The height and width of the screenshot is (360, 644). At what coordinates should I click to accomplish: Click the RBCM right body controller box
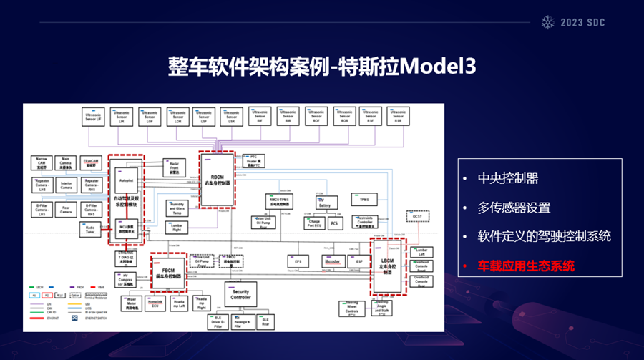[x=217, y=178]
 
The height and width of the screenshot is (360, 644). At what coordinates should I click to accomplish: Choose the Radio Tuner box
[x=89, y=230]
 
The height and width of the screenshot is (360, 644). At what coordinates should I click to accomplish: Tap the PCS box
[x=334, y=224]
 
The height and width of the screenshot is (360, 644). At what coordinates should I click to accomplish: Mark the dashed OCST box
[x=417, y=215]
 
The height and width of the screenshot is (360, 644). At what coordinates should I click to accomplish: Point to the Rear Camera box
[x=65, y=209]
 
